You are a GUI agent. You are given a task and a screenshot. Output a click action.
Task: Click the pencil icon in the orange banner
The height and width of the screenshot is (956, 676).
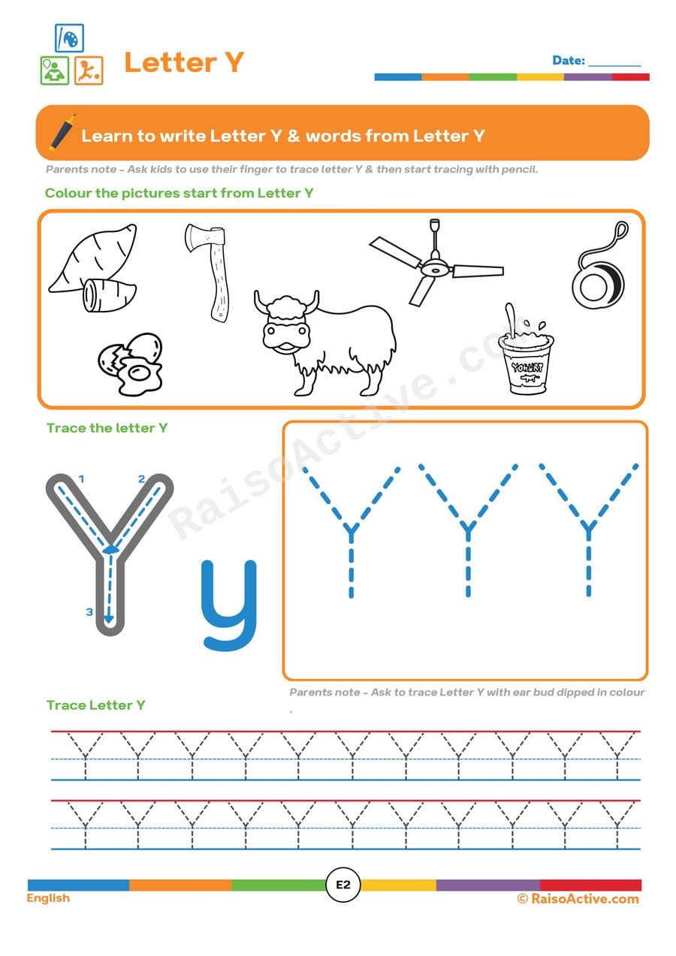pos(62,133)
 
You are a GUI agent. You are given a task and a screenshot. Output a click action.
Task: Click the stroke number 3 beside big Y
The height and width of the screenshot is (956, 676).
pos(89,612)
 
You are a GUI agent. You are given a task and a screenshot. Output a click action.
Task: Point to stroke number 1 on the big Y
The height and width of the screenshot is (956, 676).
pos(81,478)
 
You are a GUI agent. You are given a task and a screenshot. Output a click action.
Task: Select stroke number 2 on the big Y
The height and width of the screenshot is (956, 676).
pos(140,478)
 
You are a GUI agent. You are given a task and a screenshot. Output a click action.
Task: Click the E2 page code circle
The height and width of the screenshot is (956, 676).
pos(343,885)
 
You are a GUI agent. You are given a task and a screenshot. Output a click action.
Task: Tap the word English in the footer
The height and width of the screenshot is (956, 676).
pos(48,898)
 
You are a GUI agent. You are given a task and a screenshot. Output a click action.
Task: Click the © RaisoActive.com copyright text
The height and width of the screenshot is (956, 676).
pos(578,899)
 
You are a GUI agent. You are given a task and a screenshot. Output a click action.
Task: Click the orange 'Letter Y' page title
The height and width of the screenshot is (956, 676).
pos(184,62)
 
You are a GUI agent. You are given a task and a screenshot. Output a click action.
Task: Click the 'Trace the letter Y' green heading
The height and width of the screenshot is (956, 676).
pos(107,428)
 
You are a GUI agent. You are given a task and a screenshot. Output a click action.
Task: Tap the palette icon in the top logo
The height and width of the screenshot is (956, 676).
pos(70,38)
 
